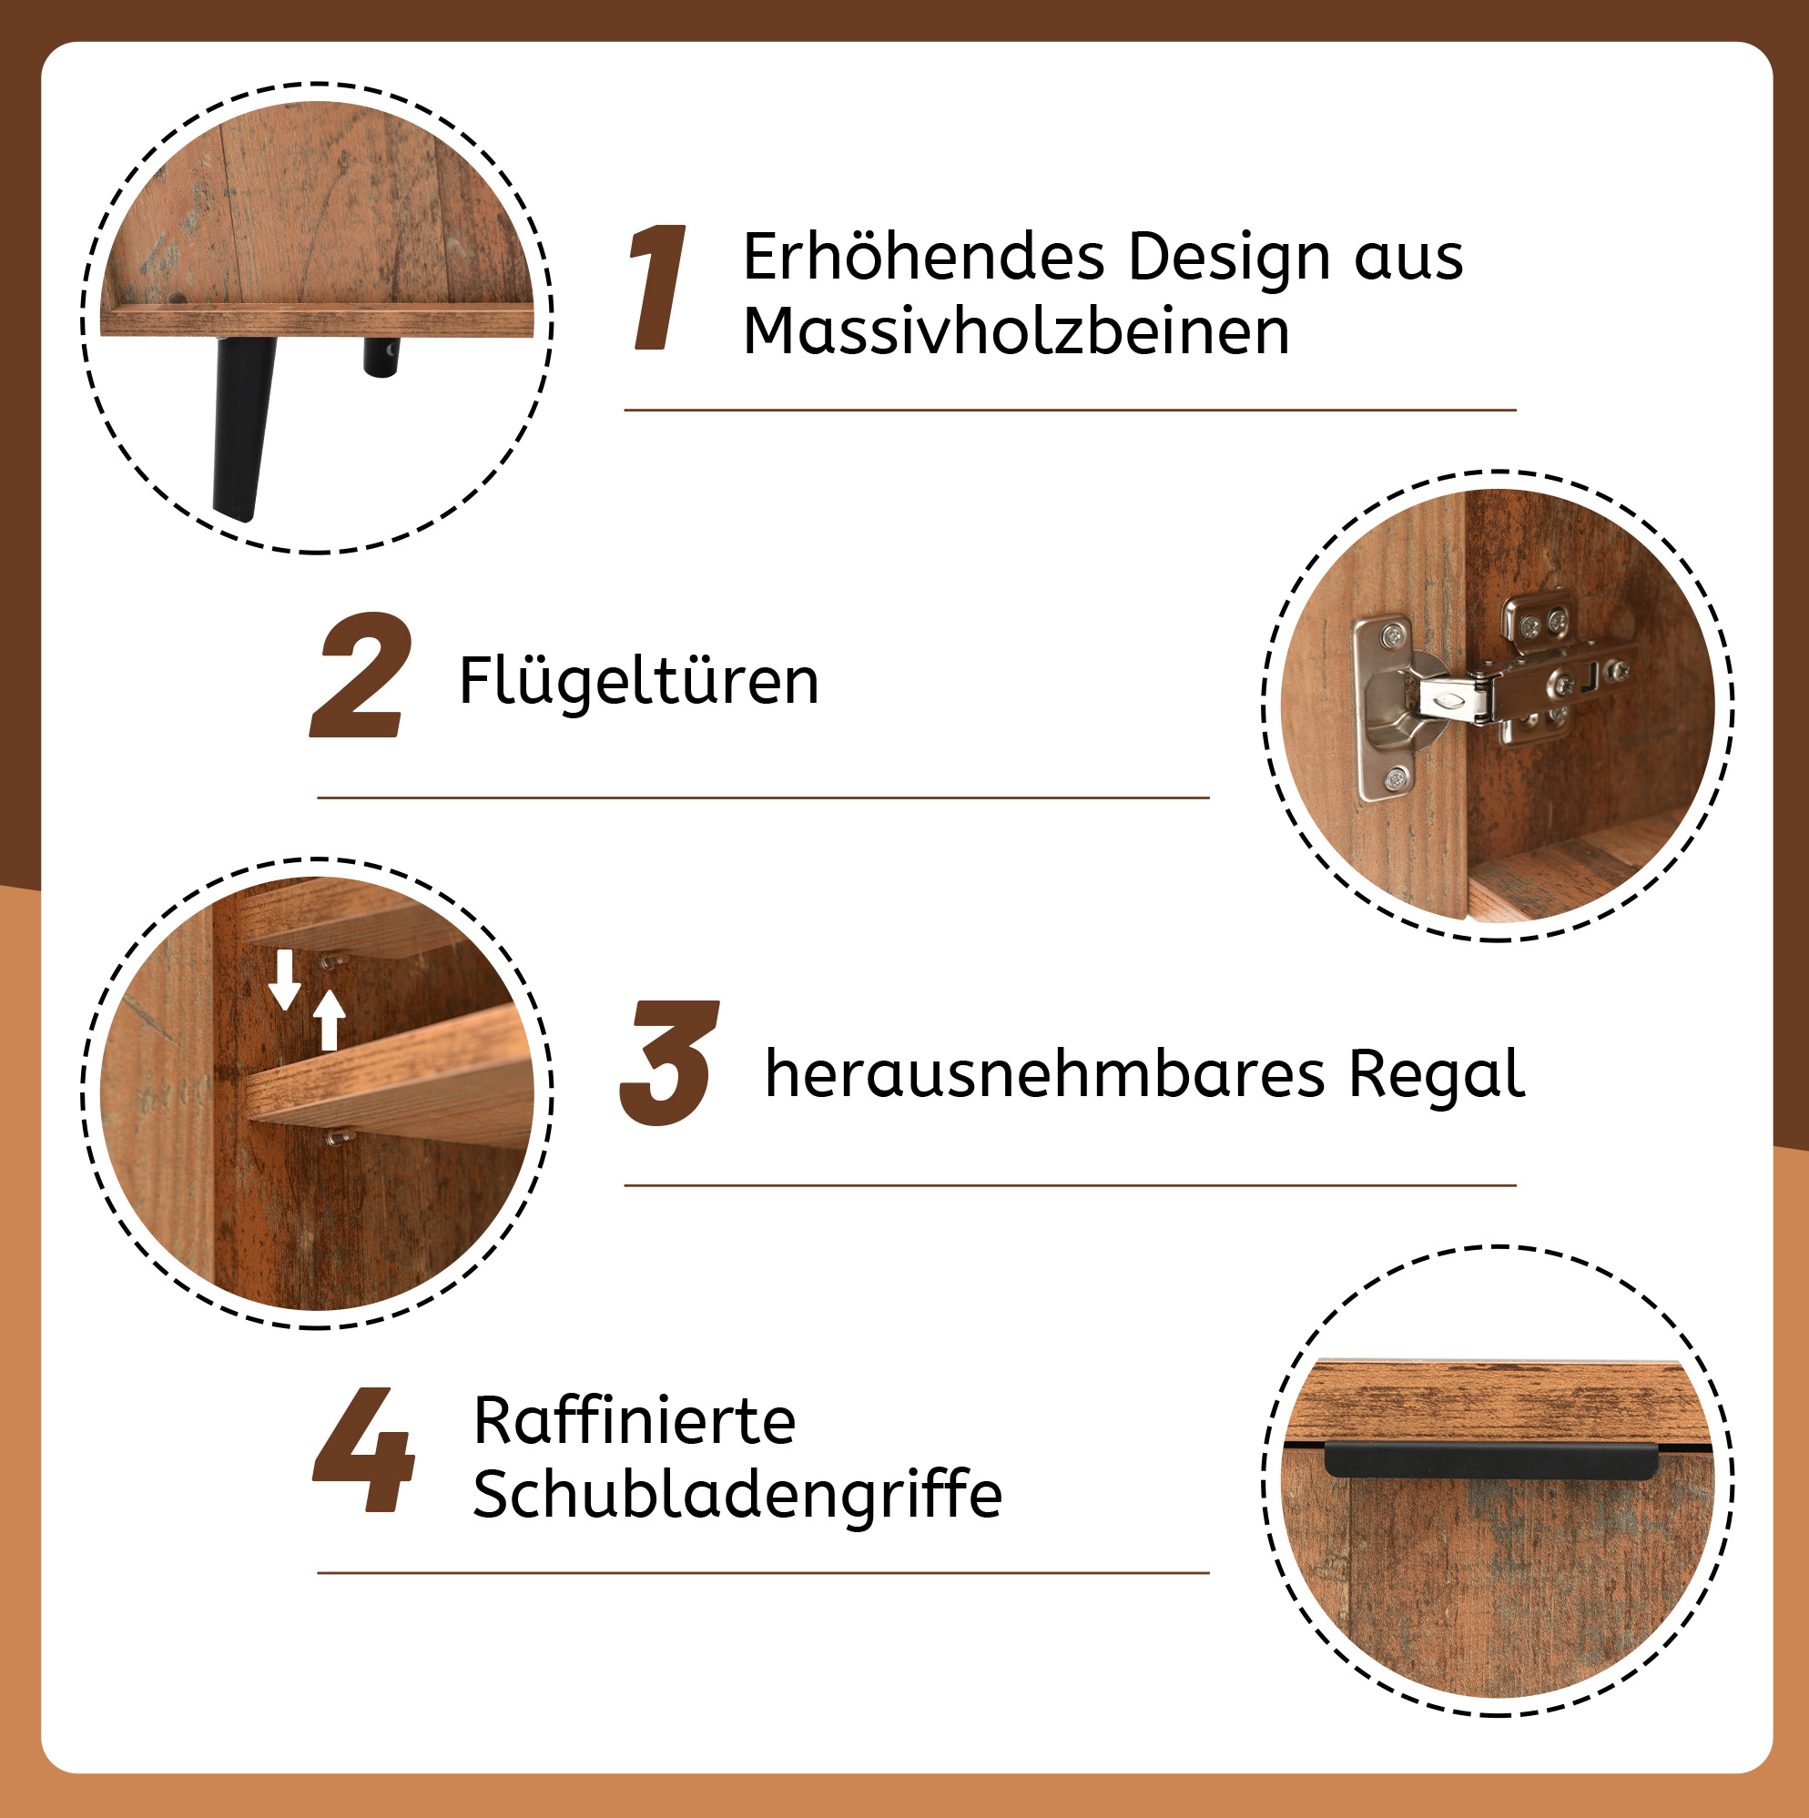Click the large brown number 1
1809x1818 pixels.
[x=658, y=287]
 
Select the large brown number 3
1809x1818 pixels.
[x=669, y=1062]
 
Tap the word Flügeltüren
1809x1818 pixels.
[x=639, y=680]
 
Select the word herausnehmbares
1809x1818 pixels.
[x=1045, y=1073]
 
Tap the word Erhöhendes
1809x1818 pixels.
[x=923, y=257]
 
